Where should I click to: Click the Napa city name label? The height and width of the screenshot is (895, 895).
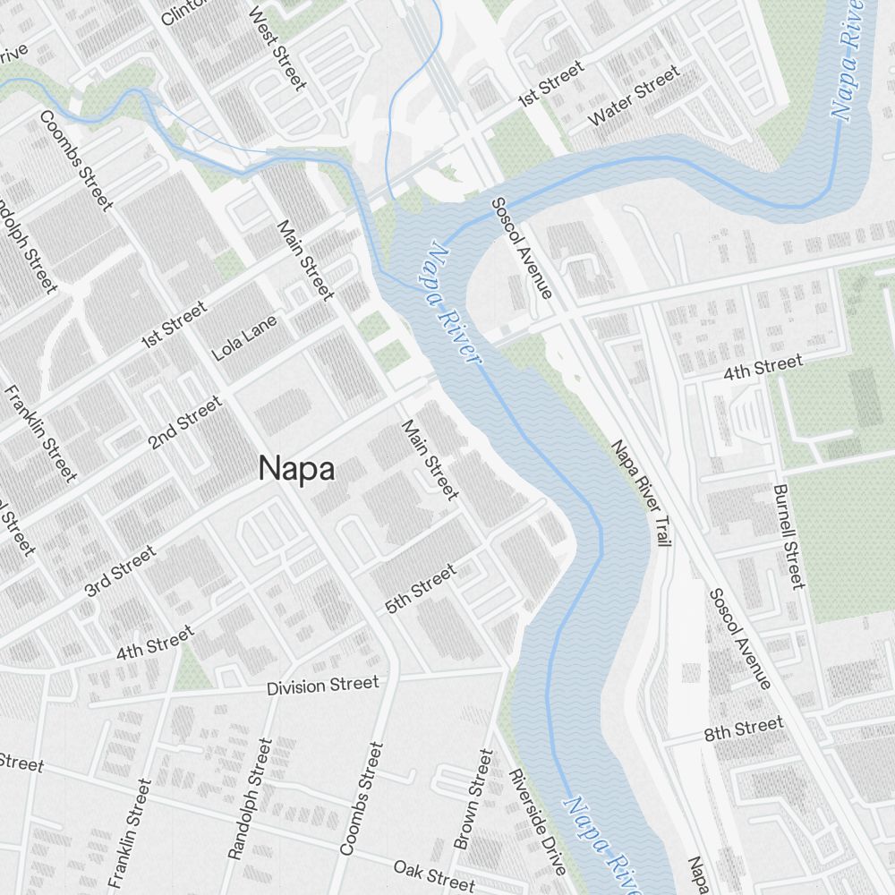tap(296, 469)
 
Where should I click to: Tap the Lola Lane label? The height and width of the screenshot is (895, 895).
tap(244, 337)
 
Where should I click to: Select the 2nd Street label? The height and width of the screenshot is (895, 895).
tap(185, 422)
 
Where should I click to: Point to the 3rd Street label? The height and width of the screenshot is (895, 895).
tap(120, 571)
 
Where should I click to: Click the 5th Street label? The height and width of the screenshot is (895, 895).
tap(421, 588)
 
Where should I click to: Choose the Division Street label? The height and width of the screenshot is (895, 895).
tap(323, 686)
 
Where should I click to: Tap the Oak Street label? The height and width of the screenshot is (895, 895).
tap(434, 874)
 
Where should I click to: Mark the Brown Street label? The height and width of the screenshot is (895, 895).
tap(473, 799)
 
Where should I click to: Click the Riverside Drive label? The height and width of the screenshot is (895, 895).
tap(538, 822)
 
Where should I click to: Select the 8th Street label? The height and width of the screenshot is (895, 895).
tap(743, 729)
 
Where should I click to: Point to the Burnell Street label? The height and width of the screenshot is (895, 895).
tap(789, 537)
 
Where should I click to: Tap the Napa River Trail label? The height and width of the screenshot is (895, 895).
tap(641, 492)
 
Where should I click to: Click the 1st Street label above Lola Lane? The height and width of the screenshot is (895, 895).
tap(174, 325)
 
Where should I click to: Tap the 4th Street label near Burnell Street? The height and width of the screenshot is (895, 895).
tap(763, 366)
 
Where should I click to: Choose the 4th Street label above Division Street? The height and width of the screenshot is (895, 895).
tap(154, 643)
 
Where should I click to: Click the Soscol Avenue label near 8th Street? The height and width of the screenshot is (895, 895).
tap(739, 639)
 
